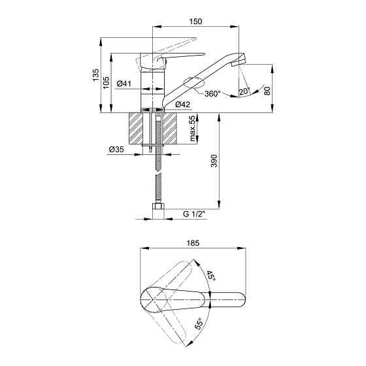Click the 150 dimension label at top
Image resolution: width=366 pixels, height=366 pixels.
(195, 21)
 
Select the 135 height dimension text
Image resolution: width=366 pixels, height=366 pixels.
(95, 75)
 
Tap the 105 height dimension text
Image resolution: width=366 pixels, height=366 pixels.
(106, 82)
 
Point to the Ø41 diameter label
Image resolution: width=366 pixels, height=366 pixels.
(124, 84)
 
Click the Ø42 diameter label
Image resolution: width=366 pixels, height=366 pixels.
(183, 104)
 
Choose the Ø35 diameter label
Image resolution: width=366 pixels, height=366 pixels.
(116, 149)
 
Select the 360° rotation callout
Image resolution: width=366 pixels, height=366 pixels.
(212, 93)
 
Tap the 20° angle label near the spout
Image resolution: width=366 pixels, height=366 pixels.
(244, 91)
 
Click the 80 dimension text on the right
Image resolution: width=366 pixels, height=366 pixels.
(267, 91)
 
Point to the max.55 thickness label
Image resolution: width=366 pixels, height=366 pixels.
(192, 128)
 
